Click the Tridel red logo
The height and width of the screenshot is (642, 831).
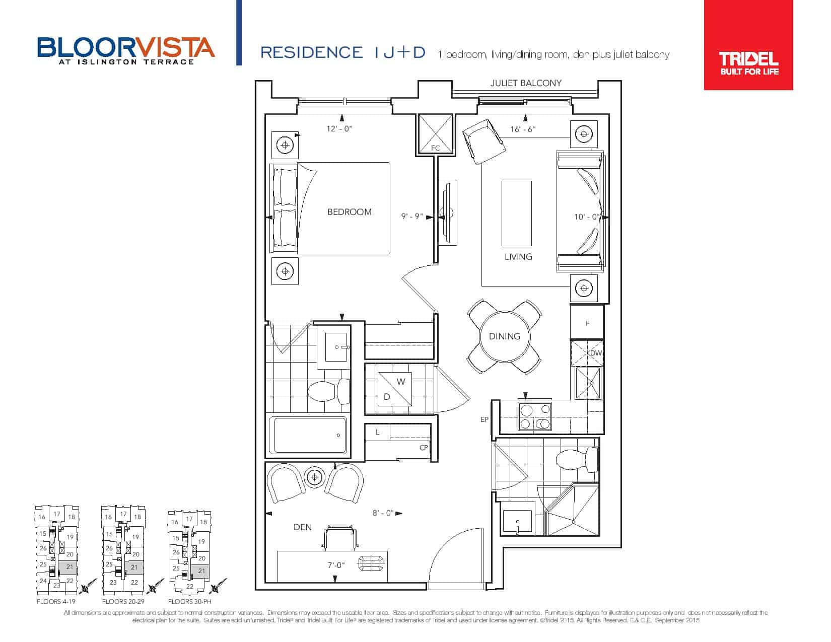tap(748, 45)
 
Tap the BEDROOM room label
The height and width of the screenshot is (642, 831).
tap(349, 212)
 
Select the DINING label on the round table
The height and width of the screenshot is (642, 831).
tap(504, 336)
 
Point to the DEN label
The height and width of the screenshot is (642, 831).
tap(302, 527)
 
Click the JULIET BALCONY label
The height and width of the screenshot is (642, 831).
tap(526, 83)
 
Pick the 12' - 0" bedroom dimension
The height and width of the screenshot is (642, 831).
tap(339, 128)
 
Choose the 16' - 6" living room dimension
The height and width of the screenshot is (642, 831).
tap(523, 129)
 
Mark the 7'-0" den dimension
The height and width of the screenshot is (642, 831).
tap(336, 565)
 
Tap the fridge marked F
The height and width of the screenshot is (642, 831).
tap(587, 322)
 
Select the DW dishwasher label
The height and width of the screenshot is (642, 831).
tap(596, 353)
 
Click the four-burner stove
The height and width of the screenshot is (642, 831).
tap(535, 416)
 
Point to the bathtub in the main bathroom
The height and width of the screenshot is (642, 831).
tap(308, 435)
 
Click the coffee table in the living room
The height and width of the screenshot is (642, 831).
tap(516, 213)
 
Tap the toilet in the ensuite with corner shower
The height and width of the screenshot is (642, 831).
tap(577, 460)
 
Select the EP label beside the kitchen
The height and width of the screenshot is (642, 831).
tap(484, 419)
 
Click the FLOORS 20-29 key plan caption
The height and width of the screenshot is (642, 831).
tap(123, 602)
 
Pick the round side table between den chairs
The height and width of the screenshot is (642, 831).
tap(314, 477)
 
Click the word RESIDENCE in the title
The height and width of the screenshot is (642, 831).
tap(311, 53)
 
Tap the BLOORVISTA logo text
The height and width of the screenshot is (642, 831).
tap(126, 47)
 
